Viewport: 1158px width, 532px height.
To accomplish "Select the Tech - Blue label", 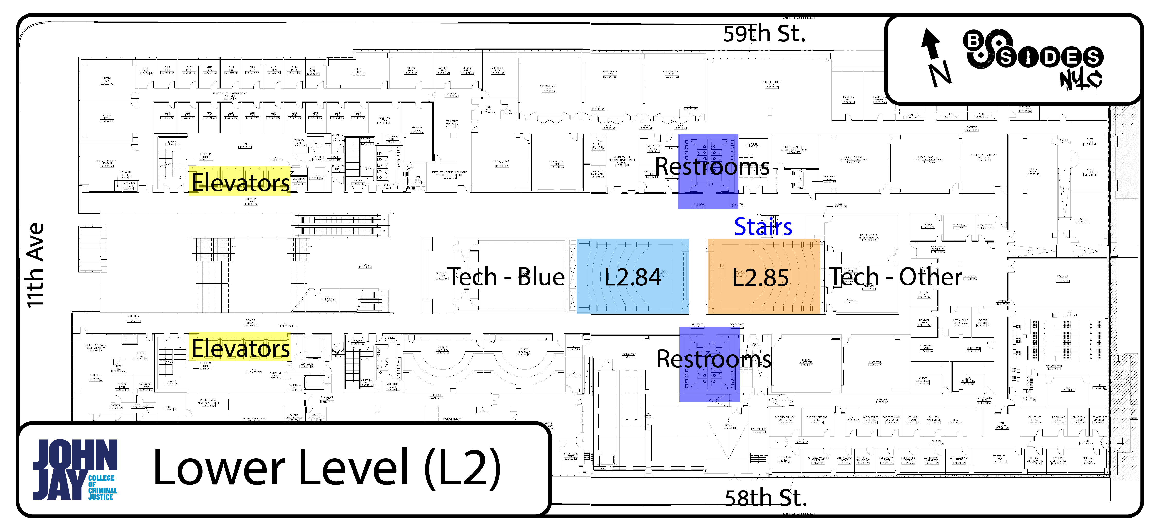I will (x=506, y=276).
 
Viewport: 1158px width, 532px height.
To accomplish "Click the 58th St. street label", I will (x=766, y=498).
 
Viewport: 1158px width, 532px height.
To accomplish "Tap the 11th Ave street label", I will (x=36, y=266).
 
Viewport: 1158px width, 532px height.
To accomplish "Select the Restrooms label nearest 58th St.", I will (x=714, y=359).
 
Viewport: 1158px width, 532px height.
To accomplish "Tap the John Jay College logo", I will (x=75, y=469).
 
